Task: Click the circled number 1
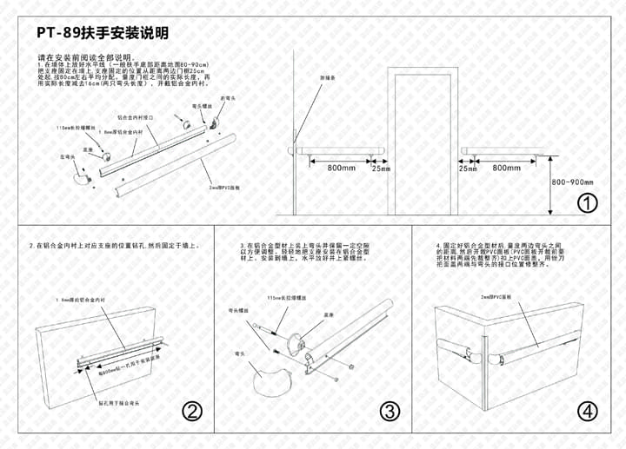coord(589,203)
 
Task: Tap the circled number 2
coord(192,412)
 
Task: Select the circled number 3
coord(390,412)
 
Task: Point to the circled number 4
coord(589,412)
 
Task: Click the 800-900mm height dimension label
coord(572,182)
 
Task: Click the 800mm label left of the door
coord(341,168)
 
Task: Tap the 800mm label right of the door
coord(506,168)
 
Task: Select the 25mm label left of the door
coord(381,168)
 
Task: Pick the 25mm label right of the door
coord(468,168)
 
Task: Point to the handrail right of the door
coord(506,151)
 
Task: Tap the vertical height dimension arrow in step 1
coord(551,182)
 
